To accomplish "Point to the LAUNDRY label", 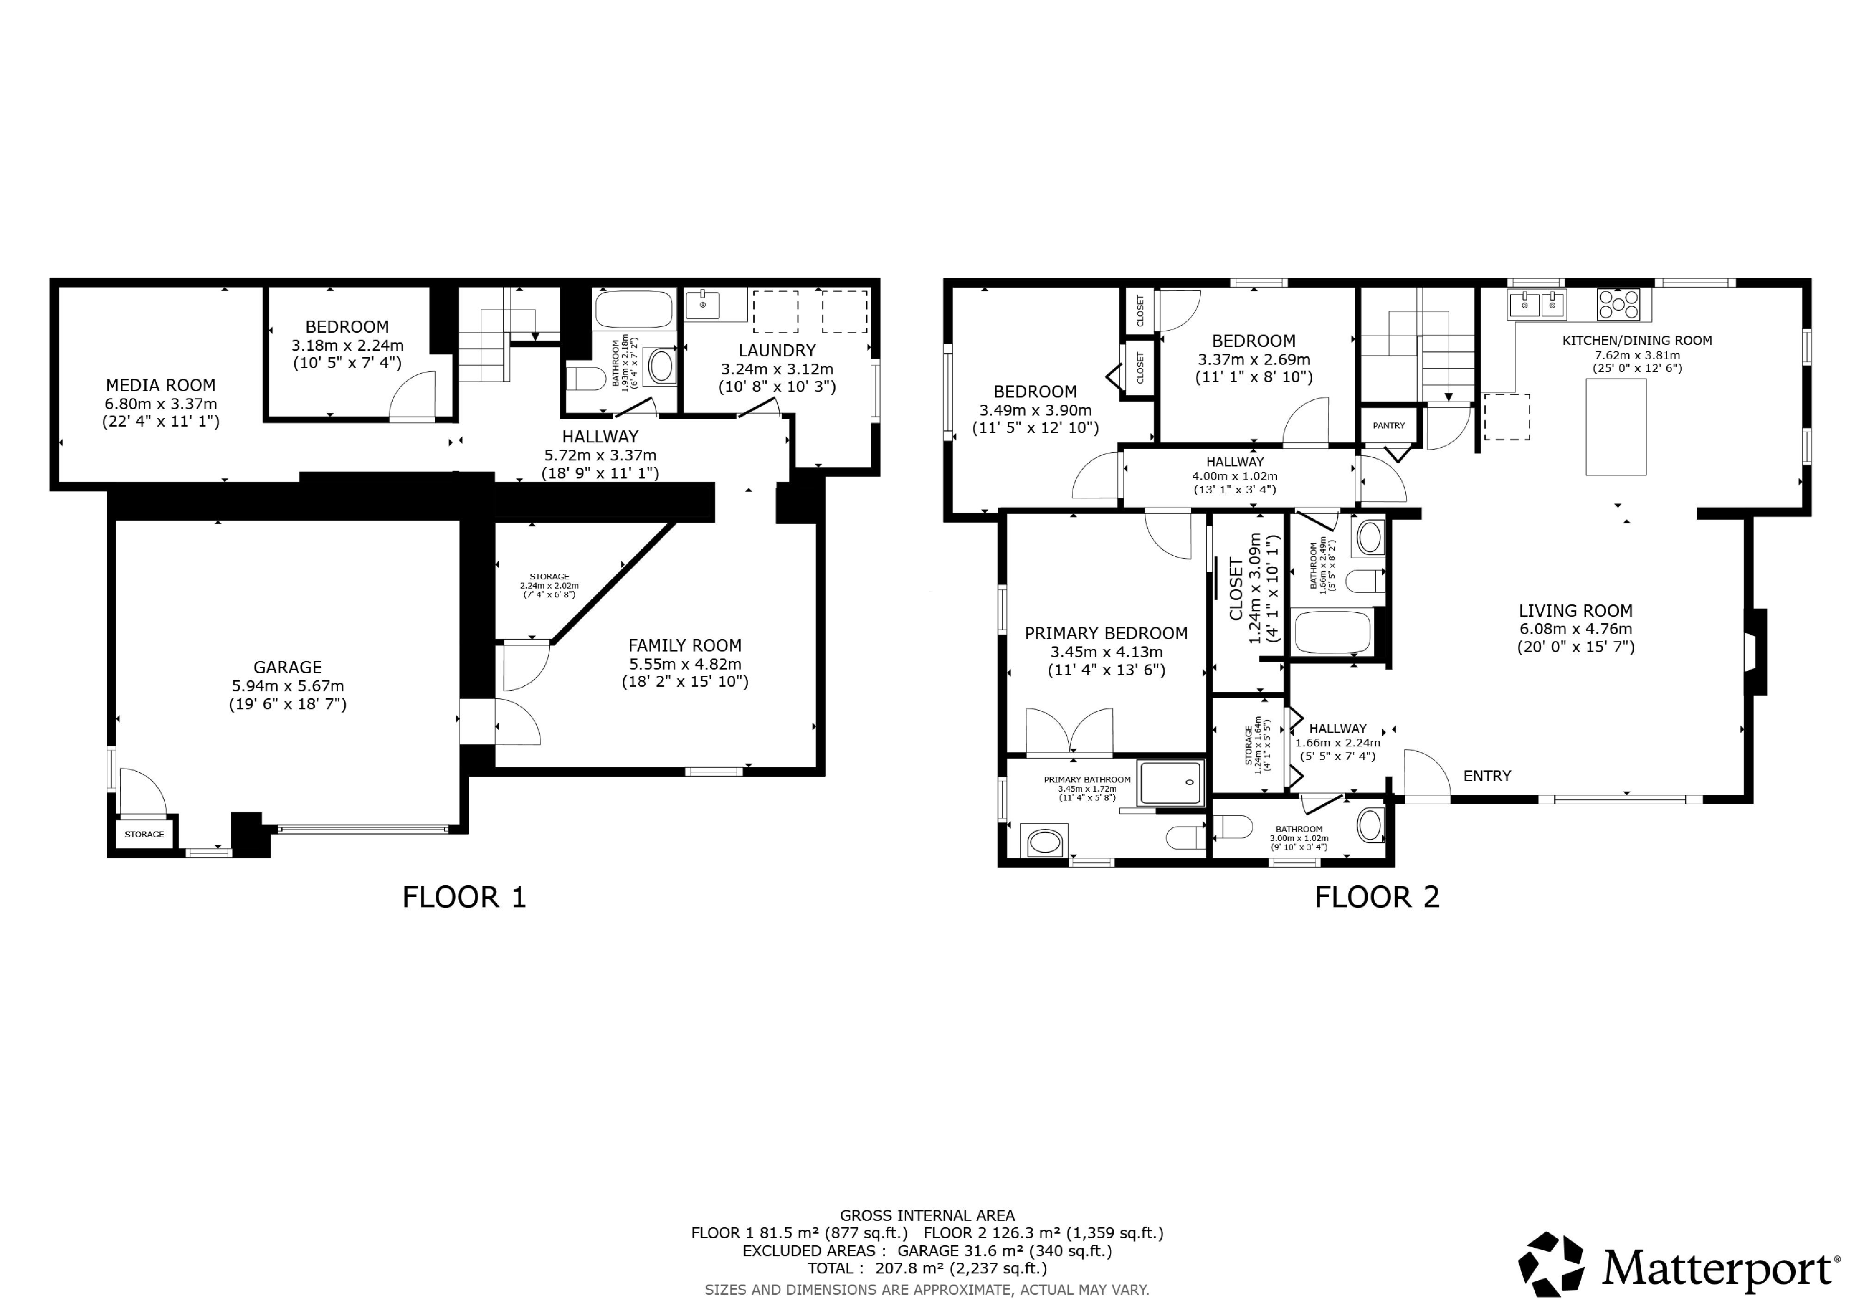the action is (776, 351).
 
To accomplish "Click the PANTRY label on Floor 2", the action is (1389, 425).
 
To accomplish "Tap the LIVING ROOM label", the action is (1576, 611).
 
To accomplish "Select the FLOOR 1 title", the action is (465, 898).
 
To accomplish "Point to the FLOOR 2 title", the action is (1377, 898).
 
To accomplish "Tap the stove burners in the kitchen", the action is (1618, 304).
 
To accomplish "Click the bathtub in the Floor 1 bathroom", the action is (634, 309).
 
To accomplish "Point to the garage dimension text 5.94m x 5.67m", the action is (288, 686).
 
